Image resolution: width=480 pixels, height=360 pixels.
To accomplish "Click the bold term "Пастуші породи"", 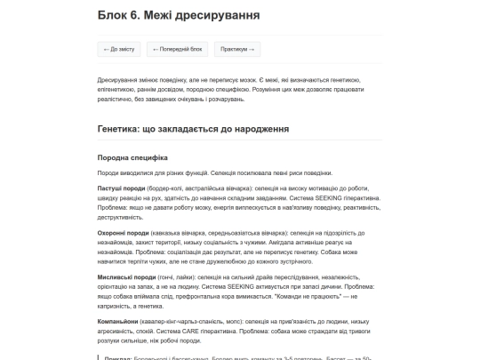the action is [x=119, y=188].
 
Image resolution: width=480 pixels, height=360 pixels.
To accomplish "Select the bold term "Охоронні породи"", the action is [x=121, y=232].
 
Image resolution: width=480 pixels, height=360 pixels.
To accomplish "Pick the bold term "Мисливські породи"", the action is [x=124, y=276].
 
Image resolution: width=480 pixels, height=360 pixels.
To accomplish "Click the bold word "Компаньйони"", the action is [x=117, y=320].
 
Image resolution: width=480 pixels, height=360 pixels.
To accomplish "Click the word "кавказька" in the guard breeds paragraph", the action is [x=171, y=232].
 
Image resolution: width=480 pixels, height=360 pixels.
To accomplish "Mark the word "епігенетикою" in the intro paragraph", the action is [x=116, y=89].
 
